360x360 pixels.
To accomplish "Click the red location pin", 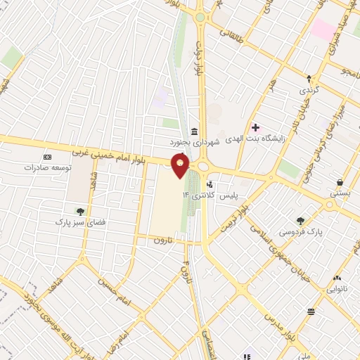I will (181, 165).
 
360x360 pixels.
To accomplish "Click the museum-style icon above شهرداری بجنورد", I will (194, 131).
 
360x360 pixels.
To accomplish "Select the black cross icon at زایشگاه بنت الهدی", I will (255, 127).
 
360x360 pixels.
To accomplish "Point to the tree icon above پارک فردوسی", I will (301, 221).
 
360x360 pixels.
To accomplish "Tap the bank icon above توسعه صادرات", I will (47, 156).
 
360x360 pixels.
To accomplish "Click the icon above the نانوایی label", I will (337, 277).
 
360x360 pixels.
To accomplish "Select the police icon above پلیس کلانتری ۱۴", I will (210, 184).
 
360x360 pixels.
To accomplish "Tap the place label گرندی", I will (309, 91).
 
